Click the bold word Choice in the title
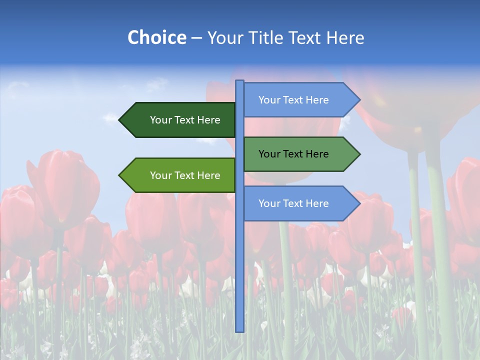[x=156, y=37]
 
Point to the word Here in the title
[x=345, y=37]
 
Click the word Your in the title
[x=224, y=37]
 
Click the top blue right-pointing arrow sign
[x=300, y=100]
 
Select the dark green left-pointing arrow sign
[x=180, y=120]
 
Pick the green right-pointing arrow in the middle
[x=300, y=154]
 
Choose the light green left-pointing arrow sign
[x=180, y=175]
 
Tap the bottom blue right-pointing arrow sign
[x=300, y=203]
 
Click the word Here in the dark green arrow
[x=208, y=120]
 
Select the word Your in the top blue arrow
[x=269, y=100]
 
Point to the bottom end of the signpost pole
[x=240, y=330]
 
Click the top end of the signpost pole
[x=240, y=82]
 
